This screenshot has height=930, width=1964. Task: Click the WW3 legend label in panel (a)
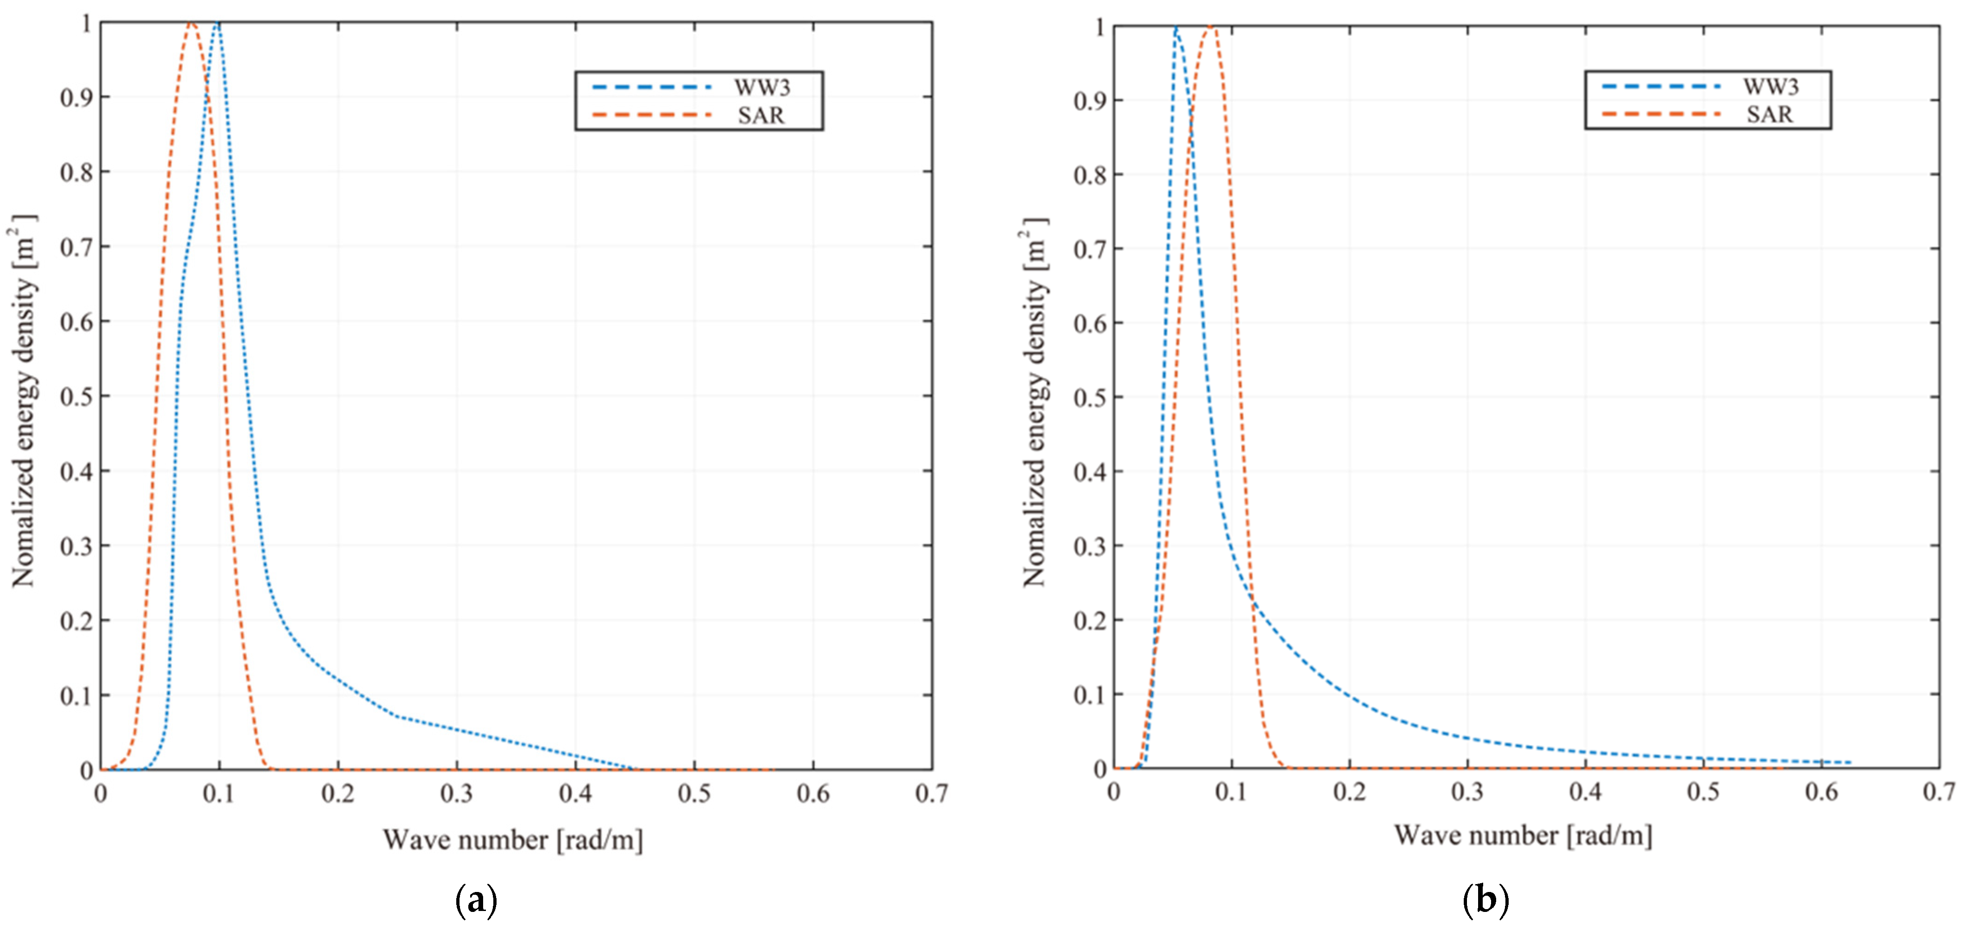tap(762, 87)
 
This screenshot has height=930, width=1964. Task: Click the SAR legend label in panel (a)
tap(761, 115)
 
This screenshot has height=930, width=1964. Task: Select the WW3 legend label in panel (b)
tap(1770, 86)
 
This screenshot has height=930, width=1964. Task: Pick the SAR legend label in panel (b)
tap(1769, 115)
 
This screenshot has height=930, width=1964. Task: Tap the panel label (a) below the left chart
tap(477, 900)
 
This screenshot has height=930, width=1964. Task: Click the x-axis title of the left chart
tap(512, 840)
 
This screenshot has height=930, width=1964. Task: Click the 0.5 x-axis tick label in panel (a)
tap(694, 794)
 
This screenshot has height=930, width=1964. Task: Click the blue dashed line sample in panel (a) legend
tap(652, 87)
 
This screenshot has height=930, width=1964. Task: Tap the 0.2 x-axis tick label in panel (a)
tap(338, 794)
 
